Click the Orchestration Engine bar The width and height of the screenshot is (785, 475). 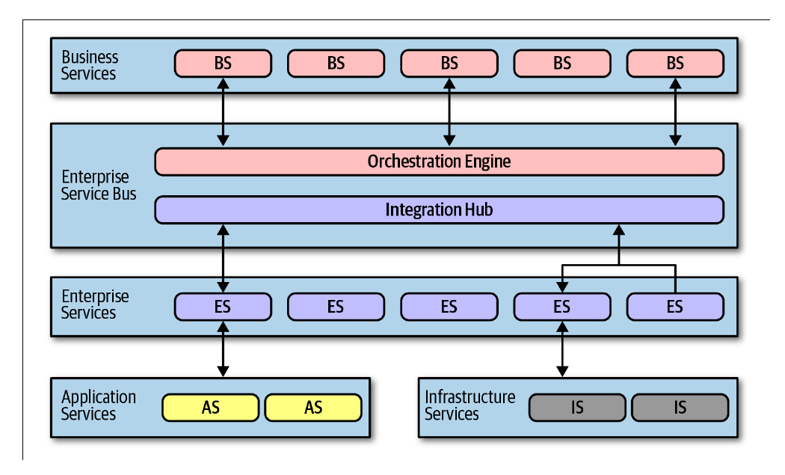coord(439,162)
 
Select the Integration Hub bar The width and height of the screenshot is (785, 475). coord(439,209)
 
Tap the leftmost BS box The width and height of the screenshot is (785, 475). coord(223,63)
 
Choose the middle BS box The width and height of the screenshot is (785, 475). coord(449,63)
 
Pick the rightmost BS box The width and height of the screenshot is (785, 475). coord(675,63)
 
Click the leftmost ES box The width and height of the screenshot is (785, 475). coord(223,307)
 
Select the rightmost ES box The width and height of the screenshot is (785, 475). coord(675,307)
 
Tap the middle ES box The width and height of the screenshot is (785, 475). coord(449,307)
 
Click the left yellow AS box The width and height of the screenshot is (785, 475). coord(210,408)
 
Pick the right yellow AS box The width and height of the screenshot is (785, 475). coord(313,408)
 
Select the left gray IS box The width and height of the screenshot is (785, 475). coord(577,408)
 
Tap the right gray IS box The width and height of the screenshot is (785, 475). coord(680,408)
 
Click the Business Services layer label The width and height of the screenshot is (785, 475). coord(89,65)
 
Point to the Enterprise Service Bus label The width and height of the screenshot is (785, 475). coord(98,186)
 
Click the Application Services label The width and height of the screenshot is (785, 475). coord(98,405)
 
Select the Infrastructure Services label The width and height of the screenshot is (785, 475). coord(470,405)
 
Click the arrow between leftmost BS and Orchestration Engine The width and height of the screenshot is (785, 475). coord(223,112)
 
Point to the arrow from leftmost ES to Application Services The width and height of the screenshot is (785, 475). coord(223,349)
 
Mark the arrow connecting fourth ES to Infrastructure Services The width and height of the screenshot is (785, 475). coord(562,349)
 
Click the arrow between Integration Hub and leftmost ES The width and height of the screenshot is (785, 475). coord(223,259)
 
